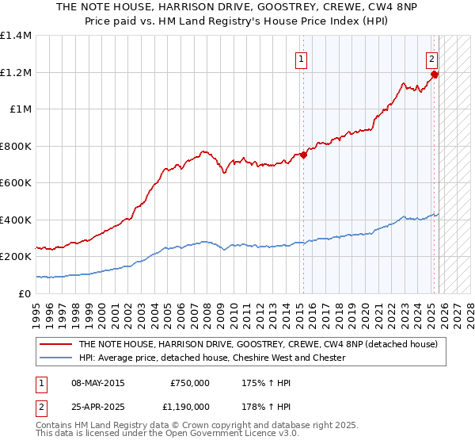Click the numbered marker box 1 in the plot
pos(302,58)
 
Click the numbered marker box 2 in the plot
pos(432,58)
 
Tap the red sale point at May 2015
pos(303,155)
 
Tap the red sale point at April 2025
pos(435,75)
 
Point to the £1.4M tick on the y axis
pos(16,36)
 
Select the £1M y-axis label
pos(20,109)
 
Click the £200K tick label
pos(16,257)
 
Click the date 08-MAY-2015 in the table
pos(97,383)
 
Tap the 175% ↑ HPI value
pos(265,383)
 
